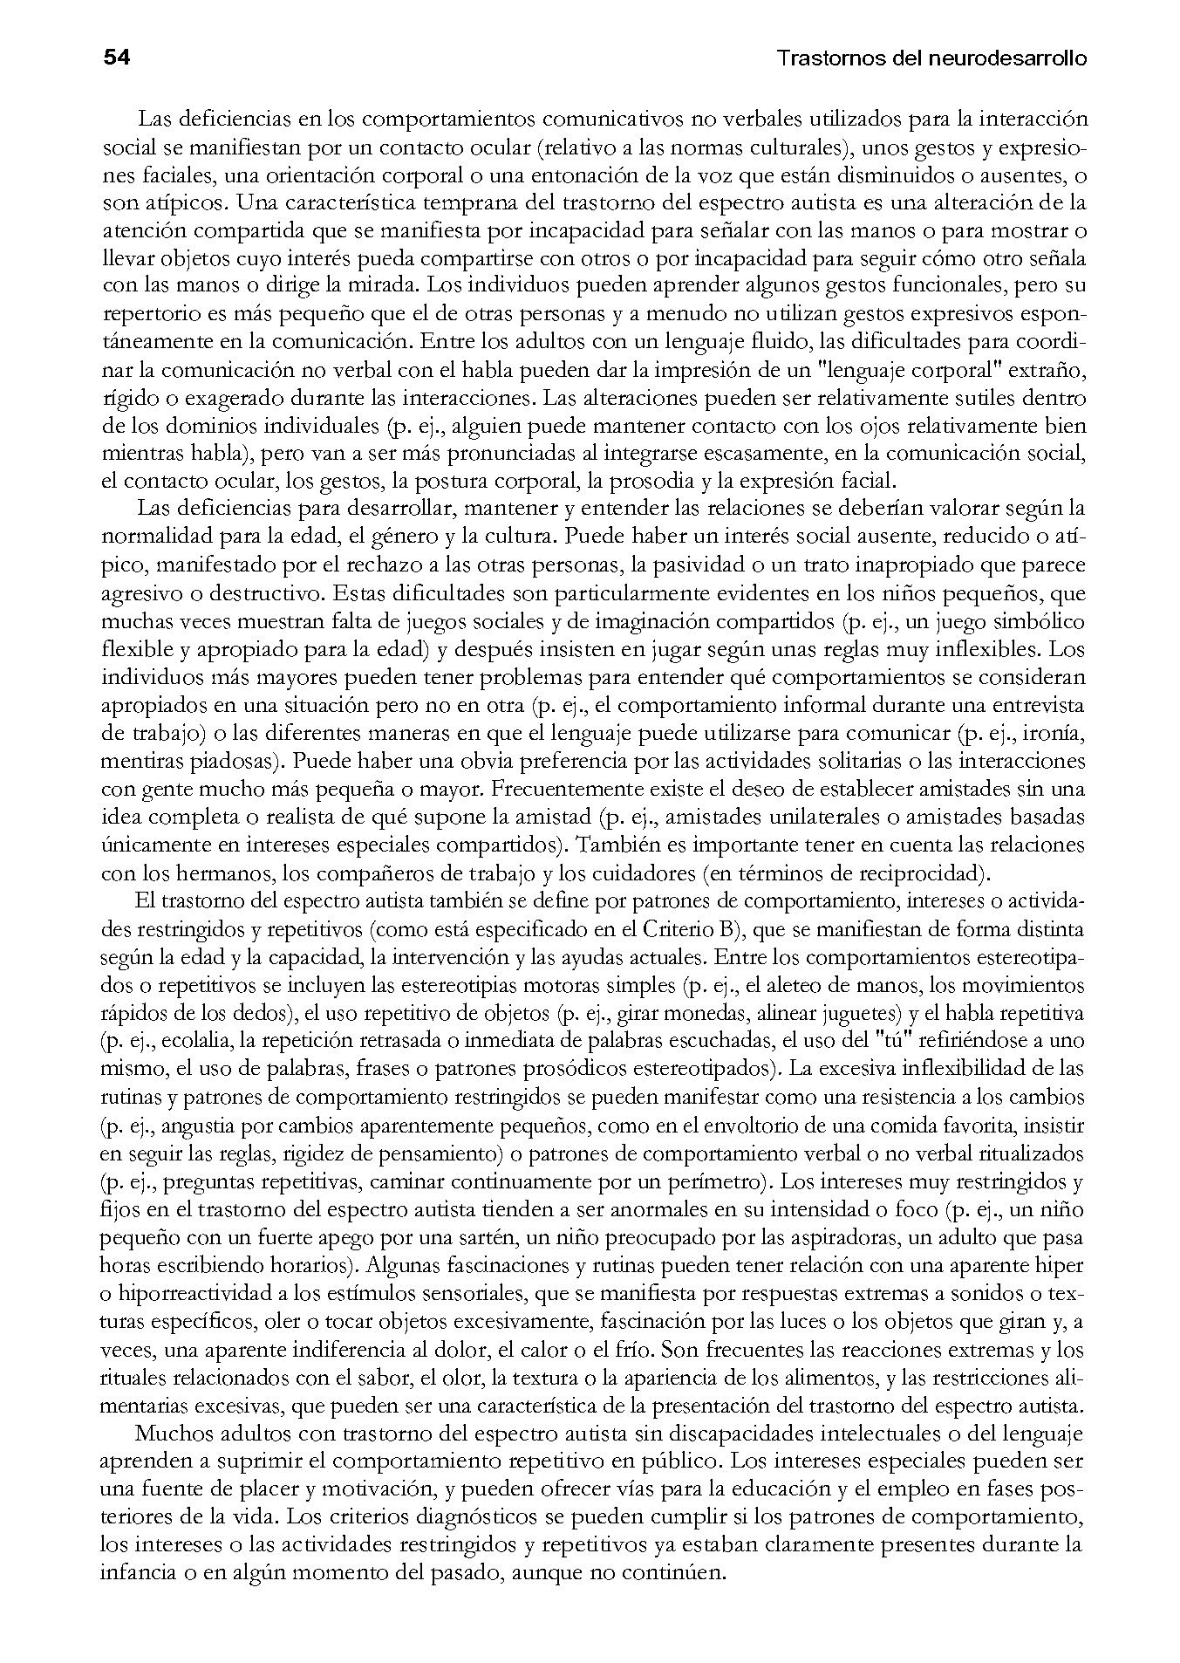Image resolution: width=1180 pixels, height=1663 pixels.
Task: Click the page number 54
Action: click(x=116, y=58)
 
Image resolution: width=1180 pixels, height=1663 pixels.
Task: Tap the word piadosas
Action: click(x=237, y=761)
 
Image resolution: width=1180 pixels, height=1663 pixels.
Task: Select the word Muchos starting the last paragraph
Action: click(x=170, y=1434)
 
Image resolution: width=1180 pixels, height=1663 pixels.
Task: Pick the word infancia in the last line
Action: click(x=133, y=1573)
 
